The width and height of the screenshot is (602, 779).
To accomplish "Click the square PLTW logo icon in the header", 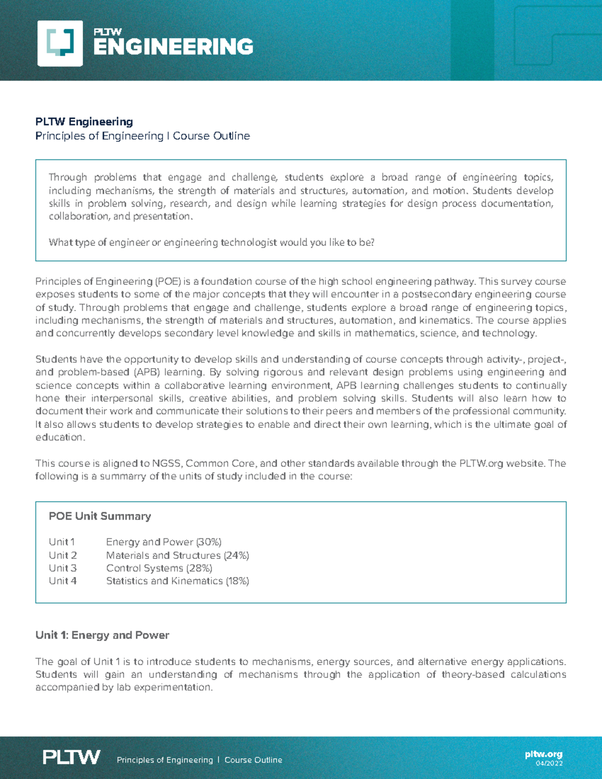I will tap(60, 43).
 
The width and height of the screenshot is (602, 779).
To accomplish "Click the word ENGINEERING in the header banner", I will tap(173, 47).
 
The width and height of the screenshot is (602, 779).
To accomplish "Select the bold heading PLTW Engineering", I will tap(84, 122).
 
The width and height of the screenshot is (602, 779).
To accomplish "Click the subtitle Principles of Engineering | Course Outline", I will tap(142, 136).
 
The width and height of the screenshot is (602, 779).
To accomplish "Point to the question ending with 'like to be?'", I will tap(211, 243).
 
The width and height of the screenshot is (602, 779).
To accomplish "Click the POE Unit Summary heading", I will tap(99, 516).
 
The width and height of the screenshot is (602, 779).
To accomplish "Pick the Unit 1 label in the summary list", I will tap(61, 542).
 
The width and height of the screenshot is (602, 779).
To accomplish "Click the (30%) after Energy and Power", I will tap(209, 542).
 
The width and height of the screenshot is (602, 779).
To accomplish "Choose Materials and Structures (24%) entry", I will tap(178, 555).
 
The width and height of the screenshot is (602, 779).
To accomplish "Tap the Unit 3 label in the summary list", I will tap(62, 568).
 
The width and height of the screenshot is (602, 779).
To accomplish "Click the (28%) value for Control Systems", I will tap(199, 568).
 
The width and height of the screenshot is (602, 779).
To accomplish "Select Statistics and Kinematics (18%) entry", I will tap(178, 581).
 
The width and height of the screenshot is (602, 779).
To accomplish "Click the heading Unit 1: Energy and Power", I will tap(102, 635).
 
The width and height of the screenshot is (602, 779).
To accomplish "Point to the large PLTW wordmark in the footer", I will tap(71, 757).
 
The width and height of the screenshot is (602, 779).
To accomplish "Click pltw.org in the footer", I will tap(543, 754).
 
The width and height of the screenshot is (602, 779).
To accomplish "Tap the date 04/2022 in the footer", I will tap(549, 764).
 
